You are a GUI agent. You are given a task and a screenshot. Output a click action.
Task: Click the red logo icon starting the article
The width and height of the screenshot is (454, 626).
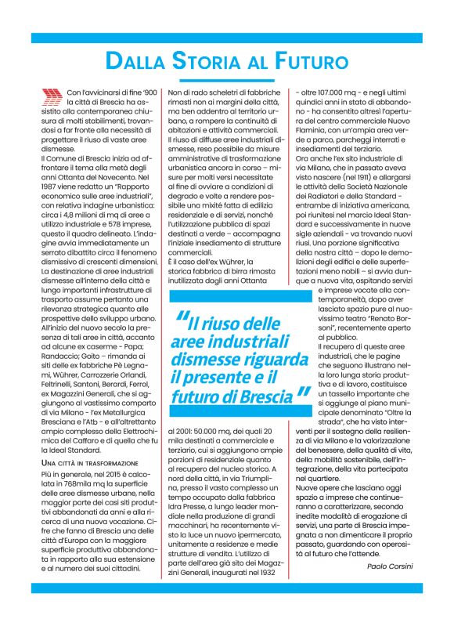point(52,96)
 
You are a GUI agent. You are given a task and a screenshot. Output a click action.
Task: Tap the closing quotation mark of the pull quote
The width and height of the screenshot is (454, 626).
point(303,394)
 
